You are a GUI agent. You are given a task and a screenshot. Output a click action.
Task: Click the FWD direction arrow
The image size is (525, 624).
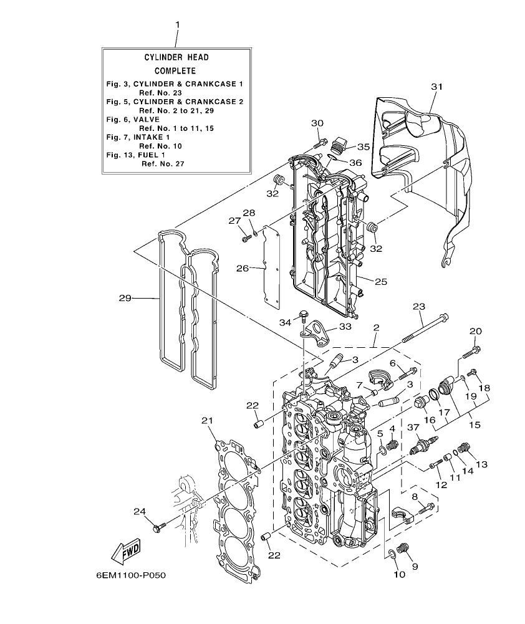click(125, 550)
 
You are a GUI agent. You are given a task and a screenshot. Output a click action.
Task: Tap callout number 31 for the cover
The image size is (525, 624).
click(436, 87)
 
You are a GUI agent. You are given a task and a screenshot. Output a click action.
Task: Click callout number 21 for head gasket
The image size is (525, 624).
click(207, 421)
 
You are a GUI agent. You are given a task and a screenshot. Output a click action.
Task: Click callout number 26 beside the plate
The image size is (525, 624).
click(243, 268)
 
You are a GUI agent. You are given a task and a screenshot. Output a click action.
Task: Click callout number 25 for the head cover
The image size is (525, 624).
click(380, 282)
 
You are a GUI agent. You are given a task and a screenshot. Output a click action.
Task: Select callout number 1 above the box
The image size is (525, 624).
click(177, 24)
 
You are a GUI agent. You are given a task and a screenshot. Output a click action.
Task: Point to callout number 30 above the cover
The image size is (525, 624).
click(317, 123)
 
